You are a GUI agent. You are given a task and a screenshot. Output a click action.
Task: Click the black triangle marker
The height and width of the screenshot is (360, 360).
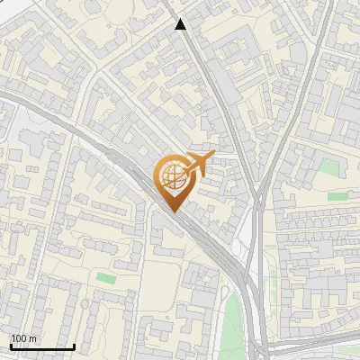click(181, 24)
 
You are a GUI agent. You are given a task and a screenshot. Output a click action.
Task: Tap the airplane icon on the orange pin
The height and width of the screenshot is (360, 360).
click(196, 163)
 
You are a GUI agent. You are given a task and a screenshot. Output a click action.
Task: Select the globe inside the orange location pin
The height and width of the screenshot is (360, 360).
click(171, 177)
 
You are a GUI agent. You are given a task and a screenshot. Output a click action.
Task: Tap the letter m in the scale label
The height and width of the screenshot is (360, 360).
click(33, 338)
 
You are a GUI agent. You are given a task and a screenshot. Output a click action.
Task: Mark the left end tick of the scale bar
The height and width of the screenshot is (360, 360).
click(10, 345)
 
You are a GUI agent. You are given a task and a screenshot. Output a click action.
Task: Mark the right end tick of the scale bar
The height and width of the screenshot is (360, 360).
click(74, 345)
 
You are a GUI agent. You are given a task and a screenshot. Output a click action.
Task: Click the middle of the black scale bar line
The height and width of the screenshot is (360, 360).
click(42, 346)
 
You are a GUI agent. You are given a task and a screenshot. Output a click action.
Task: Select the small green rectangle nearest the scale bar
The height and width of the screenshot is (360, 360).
click(106, 278)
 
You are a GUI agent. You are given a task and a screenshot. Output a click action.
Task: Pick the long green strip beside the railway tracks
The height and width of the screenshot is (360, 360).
click(232, 319)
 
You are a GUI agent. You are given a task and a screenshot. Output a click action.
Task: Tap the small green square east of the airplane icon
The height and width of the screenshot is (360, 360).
click(329, 167)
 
